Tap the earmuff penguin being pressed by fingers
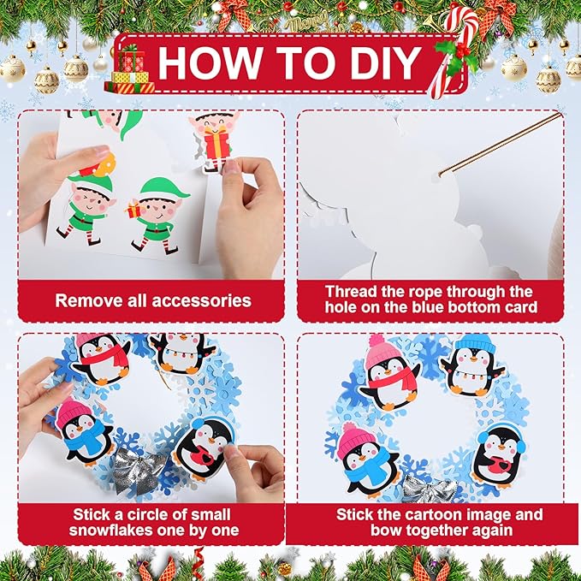click(x=203, y=445)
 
